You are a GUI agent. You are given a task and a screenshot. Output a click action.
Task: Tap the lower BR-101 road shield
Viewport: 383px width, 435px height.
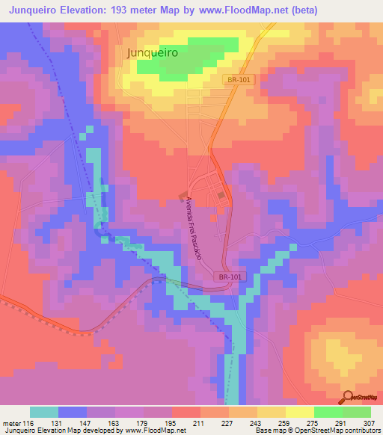tap(230, 277)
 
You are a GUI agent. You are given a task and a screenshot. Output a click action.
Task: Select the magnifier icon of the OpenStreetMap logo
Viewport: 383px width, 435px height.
tap(349, 398)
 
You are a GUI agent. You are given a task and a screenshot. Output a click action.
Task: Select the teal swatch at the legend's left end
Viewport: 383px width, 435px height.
tap(44, 412)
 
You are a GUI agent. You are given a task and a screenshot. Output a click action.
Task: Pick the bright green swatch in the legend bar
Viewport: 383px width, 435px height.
tap(328, 412)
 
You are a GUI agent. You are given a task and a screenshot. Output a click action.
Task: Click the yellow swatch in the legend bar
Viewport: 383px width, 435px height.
tap(299, 412)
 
